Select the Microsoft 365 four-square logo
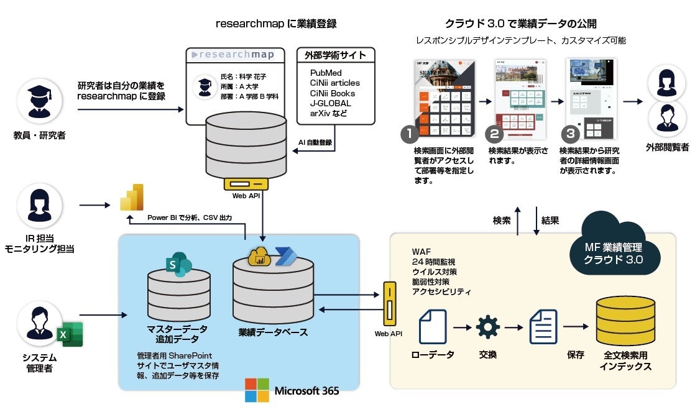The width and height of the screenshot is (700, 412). pyautogui.click(x=256, y=390)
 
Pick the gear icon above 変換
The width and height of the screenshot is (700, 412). pyautogui.click(x=487, y=327)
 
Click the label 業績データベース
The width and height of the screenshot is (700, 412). pyautogui.click(x=273, y=332)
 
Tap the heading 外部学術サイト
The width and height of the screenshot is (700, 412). pyautogui.click(x=335, y=55)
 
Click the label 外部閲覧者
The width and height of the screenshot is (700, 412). pyautogui.click(x=667, y=147)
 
